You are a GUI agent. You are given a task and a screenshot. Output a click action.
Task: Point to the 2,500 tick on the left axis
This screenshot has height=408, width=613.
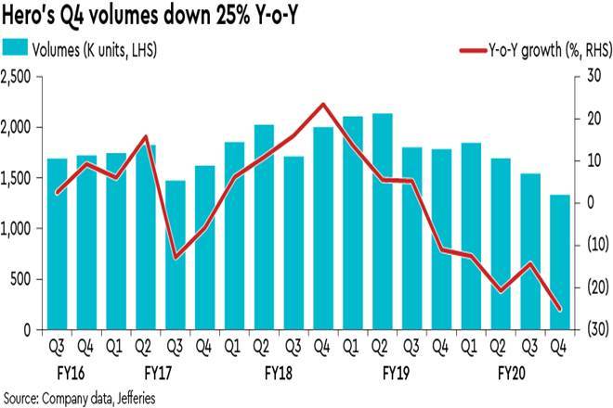pyautogui.click(x=20, y=78)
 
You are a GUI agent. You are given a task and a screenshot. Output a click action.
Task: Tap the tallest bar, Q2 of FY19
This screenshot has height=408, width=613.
pyautogui.click(x=382, y=222)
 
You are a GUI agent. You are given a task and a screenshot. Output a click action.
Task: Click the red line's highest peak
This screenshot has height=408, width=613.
pyautogui.click(x=322, y=104)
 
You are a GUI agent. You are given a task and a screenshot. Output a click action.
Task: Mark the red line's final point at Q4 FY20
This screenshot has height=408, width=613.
pyautogui.click(x=560, y=310)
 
